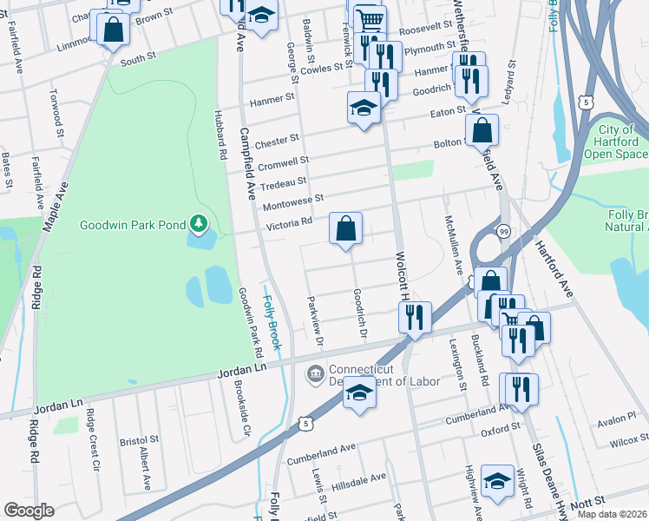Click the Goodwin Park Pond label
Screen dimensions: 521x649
(133, 225)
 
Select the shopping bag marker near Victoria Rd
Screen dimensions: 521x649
(345, 230)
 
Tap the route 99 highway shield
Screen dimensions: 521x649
(503, 231)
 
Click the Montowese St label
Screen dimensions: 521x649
(293, 201)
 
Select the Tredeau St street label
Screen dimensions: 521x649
(285, 181)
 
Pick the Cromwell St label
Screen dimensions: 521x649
(284, 162)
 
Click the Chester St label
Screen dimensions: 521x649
(277, 140)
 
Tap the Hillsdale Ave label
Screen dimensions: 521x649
(361, 478)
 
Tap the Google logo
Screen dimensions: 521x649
(29, 510)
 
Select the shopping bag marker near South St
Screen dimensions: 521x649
(114, 30)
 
